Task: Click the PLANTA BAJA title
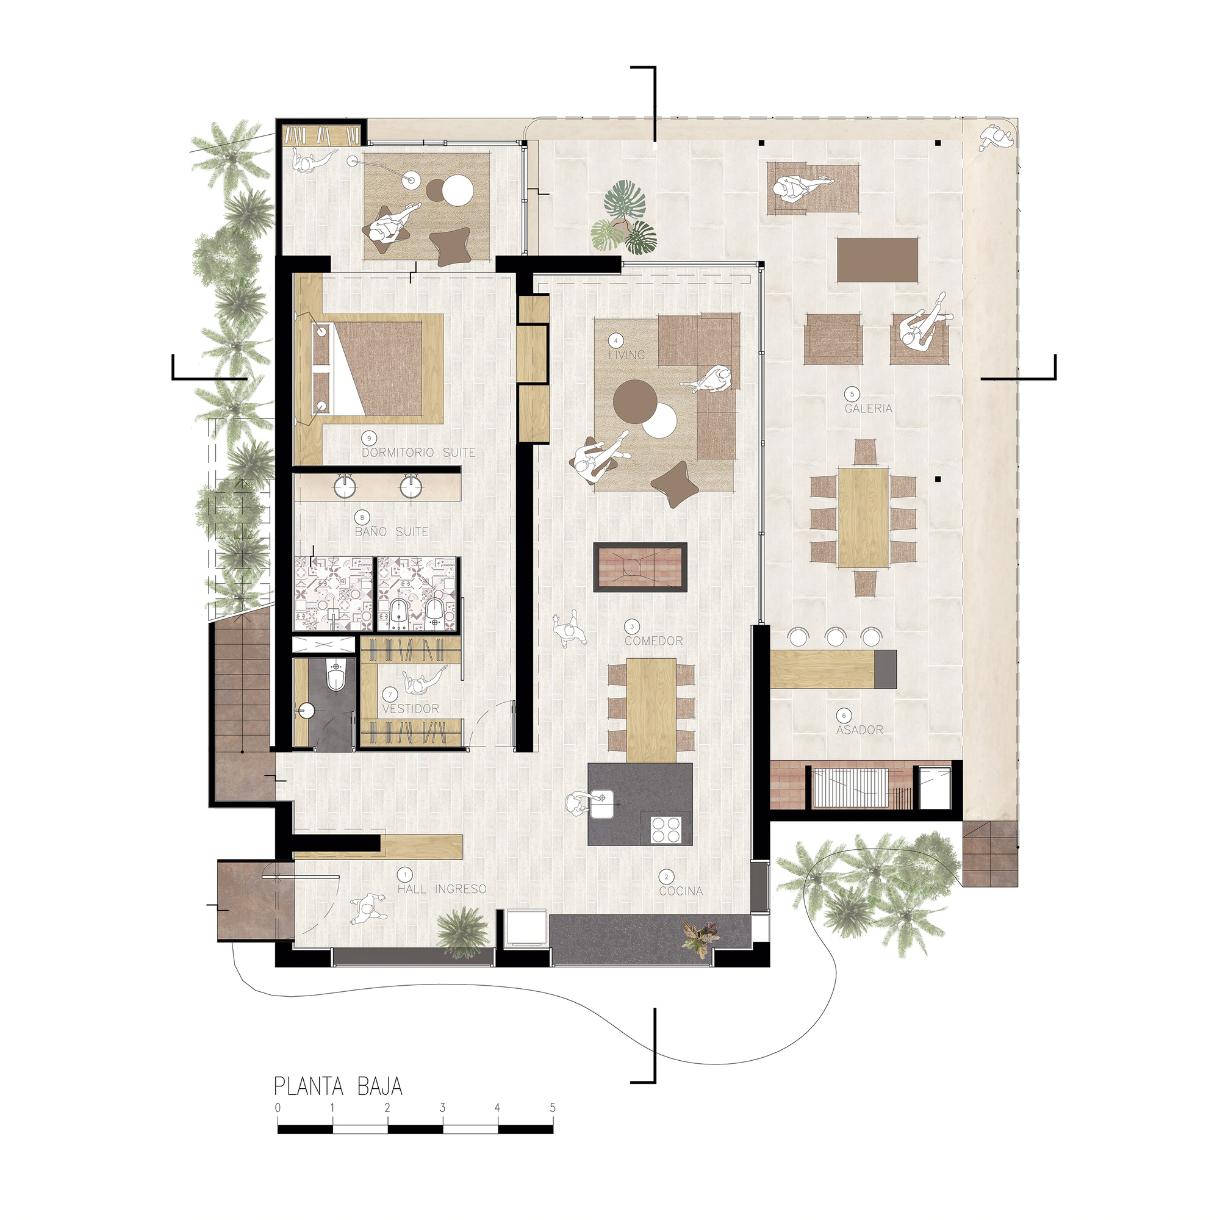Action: click(x=338, y=1086)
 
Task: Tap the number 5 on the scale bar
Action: click(x=553, y=1108)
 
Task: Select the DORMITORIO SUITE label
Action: click(x=418, y=453)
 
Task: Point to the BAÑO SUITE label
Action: click(x=392, y=532)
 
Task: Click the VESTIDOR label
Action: click(x=411, y=708)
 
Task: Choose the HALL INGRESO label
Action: click(x=442, y=889)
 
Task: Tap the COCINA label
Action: click(x=681, y=891)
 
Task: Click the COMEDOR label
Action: click(x=653, y=641)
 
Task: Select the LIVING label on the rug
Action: click(x=626, y=355)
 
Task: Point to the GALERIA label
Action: click(x=869, y=409)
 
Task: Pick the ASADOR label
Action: click(x=859, y=730)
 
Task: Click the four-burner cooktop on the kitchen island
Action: click(x=667, y=829)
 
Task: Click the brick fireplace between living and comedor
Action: click(x=640, y=567)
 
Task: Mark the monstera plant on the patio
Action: click(x=623, y=218)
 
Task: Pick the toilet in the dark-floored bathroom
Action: click(x=335, y=675)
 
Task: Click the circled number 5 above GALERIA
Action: click(x=852, y=394)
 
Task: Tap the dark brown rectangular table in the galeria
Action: click(x=878, y=259)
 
